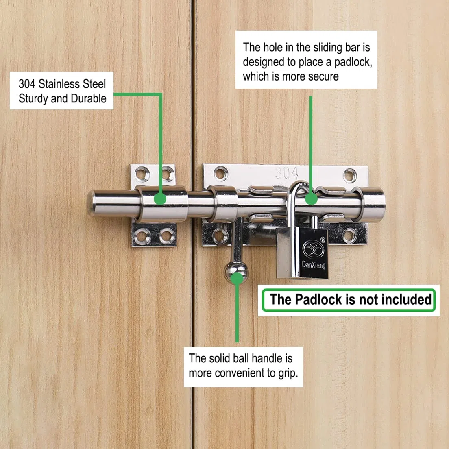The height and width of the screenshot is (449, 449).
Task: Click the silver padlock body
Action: [x=302, y=253]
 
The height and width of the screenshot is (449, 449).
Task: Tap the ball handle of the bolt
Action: [x=236, y=272]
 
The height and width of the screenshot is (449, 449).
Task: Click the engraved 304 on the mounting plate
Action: [x=287, y=173]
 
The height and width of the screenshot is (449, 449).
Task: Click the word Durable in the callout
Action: [x=89, y=98]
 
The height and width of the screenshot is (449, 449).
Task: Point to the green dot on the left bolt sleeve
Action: [x=160, y=199]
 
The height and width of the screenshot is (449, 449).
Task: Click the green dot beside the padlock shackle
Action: [x=311, y=199]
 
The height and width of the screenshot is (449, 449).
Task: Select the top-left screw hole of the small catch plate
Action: [x=142, y=174]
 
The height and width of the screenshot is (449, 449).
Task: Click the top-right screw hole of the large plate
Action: [x=350, y=175]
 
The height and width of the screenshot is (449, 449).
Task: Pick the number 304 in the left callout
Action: [x=27, y=84]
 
